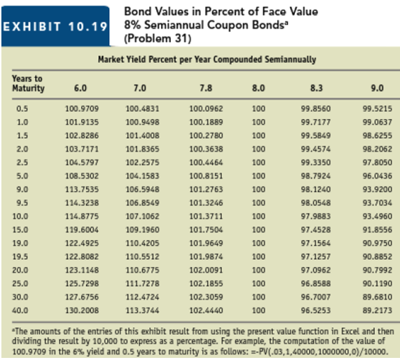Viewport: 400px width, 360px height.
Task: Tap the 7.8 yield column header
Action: click(x=200, y=89)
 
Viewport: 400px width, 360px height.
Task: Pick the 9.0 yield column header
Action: click(x=378, y=89)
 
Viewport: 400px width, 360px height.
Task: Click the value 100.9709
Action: click(x=81, y=109)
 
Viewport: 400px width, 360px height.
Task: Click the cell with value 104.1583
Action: click(x=142, y=176)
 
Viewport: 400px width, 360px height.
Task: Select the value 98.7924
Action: click(x=315, y=176)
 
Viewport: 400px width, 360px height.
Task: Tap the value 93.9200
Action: click(x=378, y=190)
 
